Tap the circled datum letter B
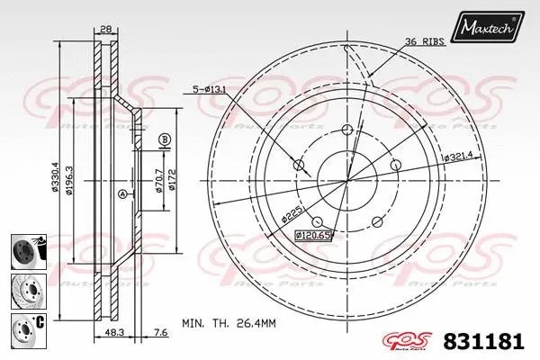tap(165, 139)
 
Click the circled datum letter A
tap(122, 194)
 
